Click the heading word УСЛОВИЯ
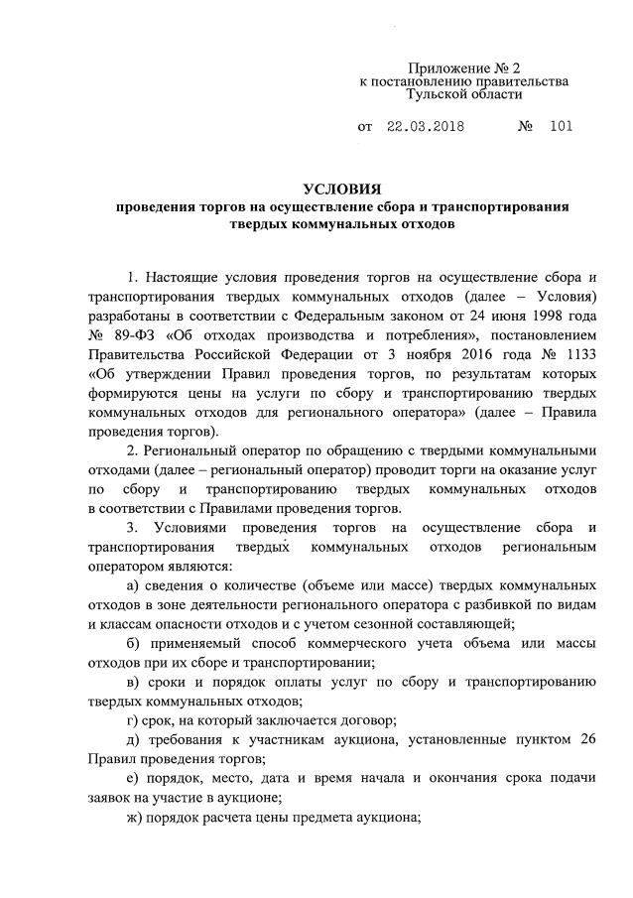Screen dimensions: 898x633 coord(340,190)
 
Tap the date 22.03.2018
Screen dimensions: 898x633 coord(427,128)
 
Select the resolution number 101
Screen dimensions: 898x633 coord(560,128)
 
